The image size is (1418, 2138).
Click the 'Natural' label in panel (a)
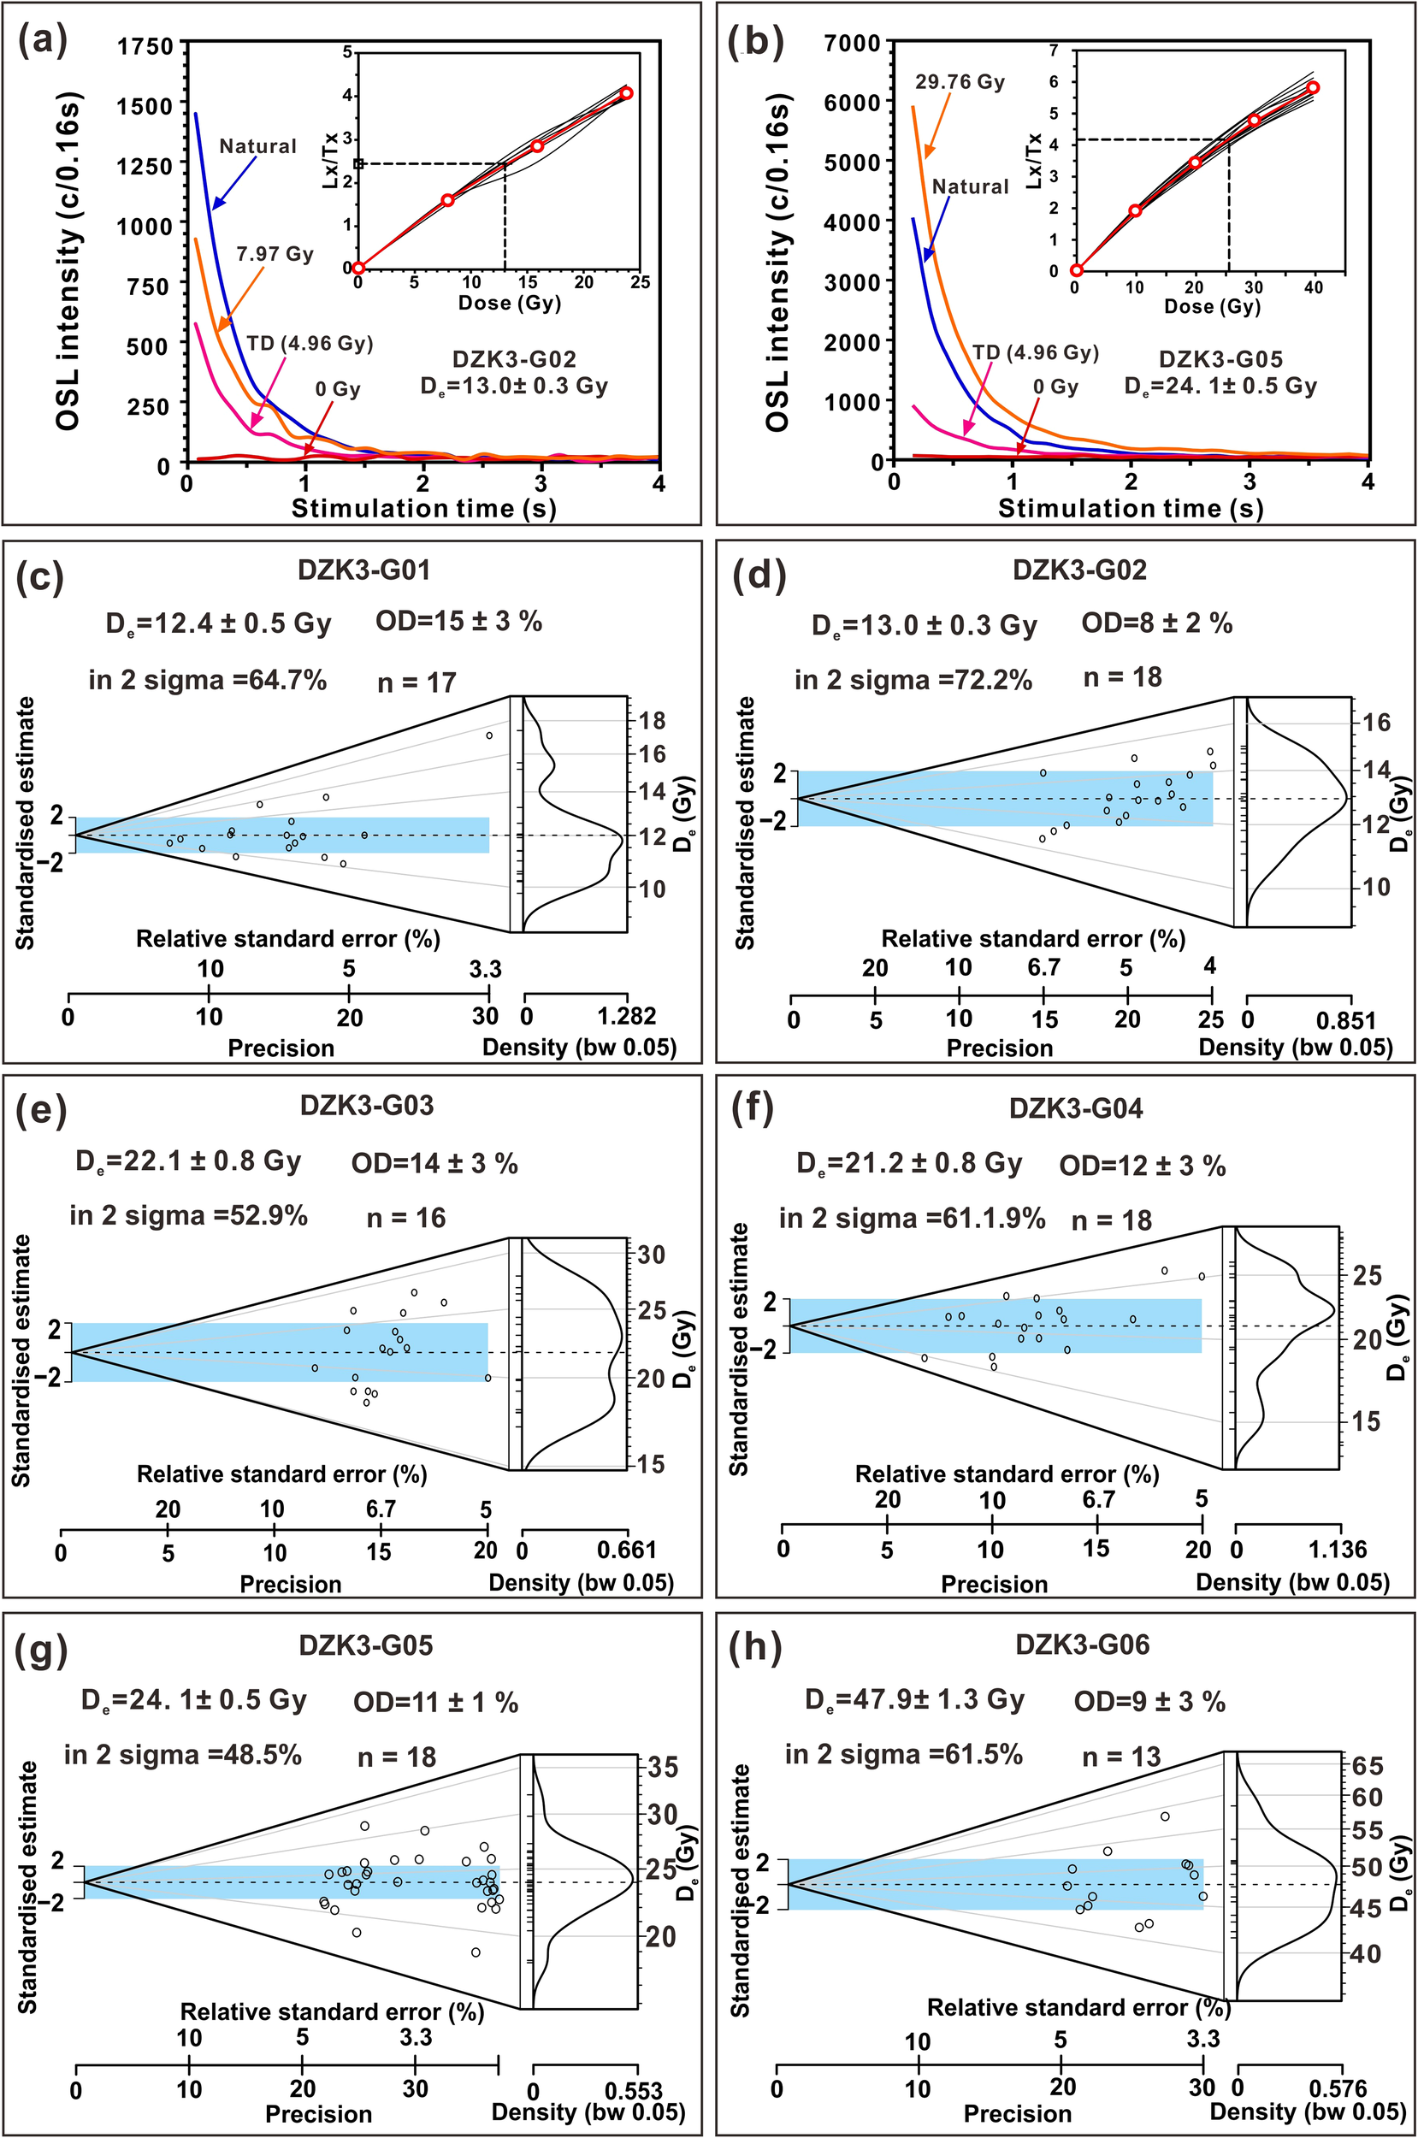click(257, 146)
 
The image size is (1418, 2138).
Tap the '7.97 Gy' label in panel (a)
click(275, 254)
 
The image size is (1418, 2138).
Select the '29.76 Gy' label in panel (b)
click(960, 82)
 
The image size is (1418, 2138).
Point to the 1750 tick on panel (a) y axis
click(145, 45)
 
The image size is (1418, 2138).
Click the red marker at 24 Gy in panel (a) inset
click(627, 93)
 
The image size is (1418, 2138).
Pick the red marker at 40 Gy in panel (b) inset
click(1313, 88)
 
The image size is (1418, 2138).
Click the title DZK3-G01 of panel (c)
click(363, 570)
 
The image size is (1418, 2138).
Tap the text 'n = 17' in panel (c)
click(416, 682)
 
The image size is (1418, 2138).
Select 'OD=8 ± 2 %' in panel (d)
click(1156, 623)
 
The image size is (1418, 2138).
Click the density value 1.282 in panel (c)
click(627, 1017)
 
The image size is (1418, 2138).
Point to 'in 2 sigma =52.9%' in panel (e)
click(188, 1216)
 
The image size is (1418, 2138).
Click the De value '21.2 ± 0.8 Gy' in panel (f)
click(910, 1163)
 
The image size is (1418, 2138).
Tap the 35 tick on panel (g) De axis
click(662, 1767)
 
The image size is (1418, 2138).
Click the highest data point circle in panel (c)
click(489, 735)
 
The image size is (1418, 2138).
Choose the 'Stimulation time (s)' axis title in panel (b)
click(1130, 508)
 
